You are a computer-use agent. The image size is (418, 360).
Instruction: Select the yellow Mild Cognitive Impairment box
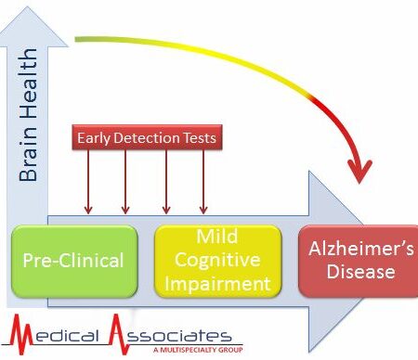coord(217,259)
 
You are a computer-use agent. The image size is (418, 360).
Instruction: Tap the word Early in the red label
coord(96,139)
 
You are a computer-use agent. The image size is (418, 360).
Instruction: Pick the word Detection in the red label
coord(149,139)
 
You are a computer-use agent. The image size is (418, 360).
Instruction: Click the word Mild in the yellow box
coord(217,238)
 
